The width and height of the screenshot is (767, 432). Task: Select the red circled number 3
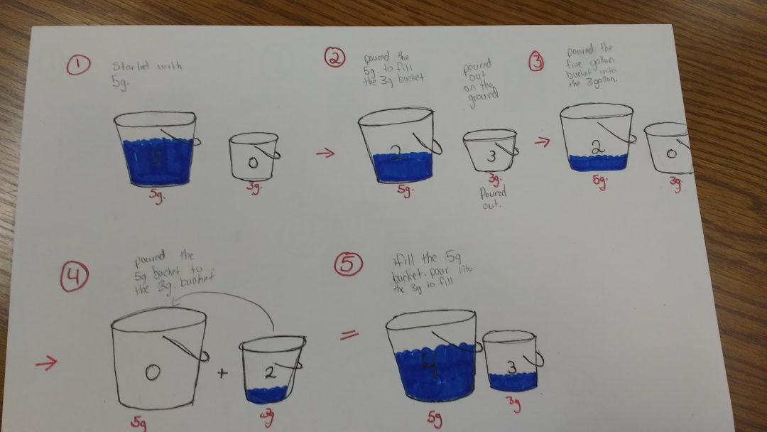point(538,63)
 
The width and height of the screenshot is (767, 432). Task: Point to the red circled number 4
point(74,278)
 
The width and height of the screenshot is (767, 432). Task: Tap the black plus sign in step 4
point(222,372)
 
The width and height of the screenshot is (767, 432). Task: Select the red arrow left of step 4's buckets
point(45,363)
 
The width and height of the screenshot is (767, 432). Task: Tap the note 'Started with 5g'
point(146,72)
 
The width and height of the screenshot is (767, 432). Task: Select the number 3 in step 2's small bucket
point(491,157)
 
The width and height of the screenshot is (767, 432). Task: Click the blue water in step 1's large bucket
point(156,163)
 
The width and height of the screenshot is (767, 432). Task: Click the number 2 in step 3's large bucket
point(597,147)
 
